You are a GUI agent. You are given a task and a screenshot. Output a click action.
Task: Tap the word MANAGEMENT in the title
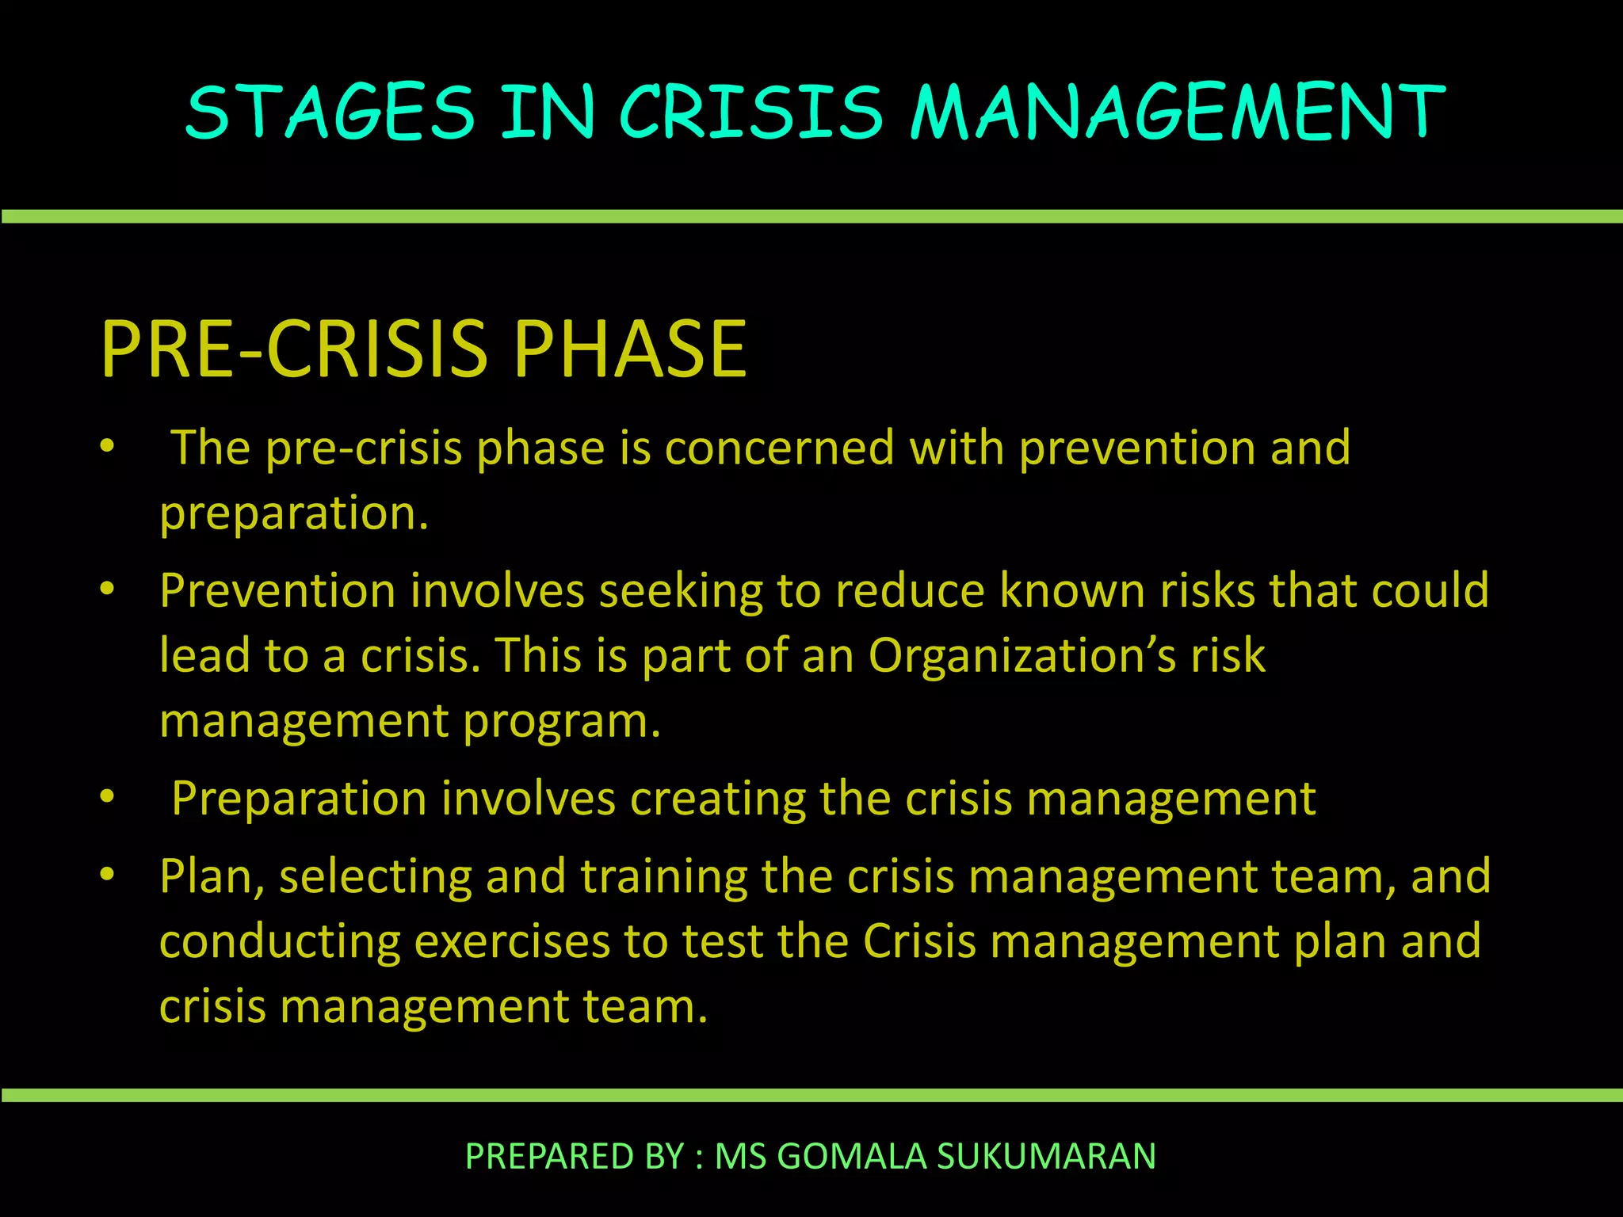point(1178,112)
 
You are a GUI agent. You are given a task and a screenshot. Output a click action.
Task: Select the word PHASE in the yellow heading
point(630,349)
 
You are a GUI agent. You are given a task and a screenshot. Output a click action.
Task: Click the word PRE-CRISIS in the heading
point(293,349)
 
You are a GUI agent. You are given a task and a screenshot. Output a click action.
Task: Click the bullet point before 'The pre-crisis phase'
point(108,447)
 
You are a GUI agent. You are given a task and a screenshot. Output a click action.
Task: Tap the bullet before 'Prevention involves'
point(108,589)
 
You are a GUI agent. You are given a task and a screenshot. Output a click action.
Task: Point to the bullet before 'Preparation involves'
point(108,797)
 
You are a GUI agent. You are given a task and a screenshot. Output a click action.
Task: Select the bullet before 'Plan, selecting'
point(108,875)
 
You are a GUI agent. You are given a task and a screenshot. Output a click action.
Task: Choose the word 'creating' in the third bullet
point(717,799)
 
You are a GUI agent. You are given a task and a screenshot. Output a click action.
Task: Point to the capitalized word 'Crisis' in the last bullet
point(918,941)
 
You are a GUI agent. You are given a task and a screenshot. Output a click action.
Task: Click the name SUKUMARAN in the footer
point(1046,1156)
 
